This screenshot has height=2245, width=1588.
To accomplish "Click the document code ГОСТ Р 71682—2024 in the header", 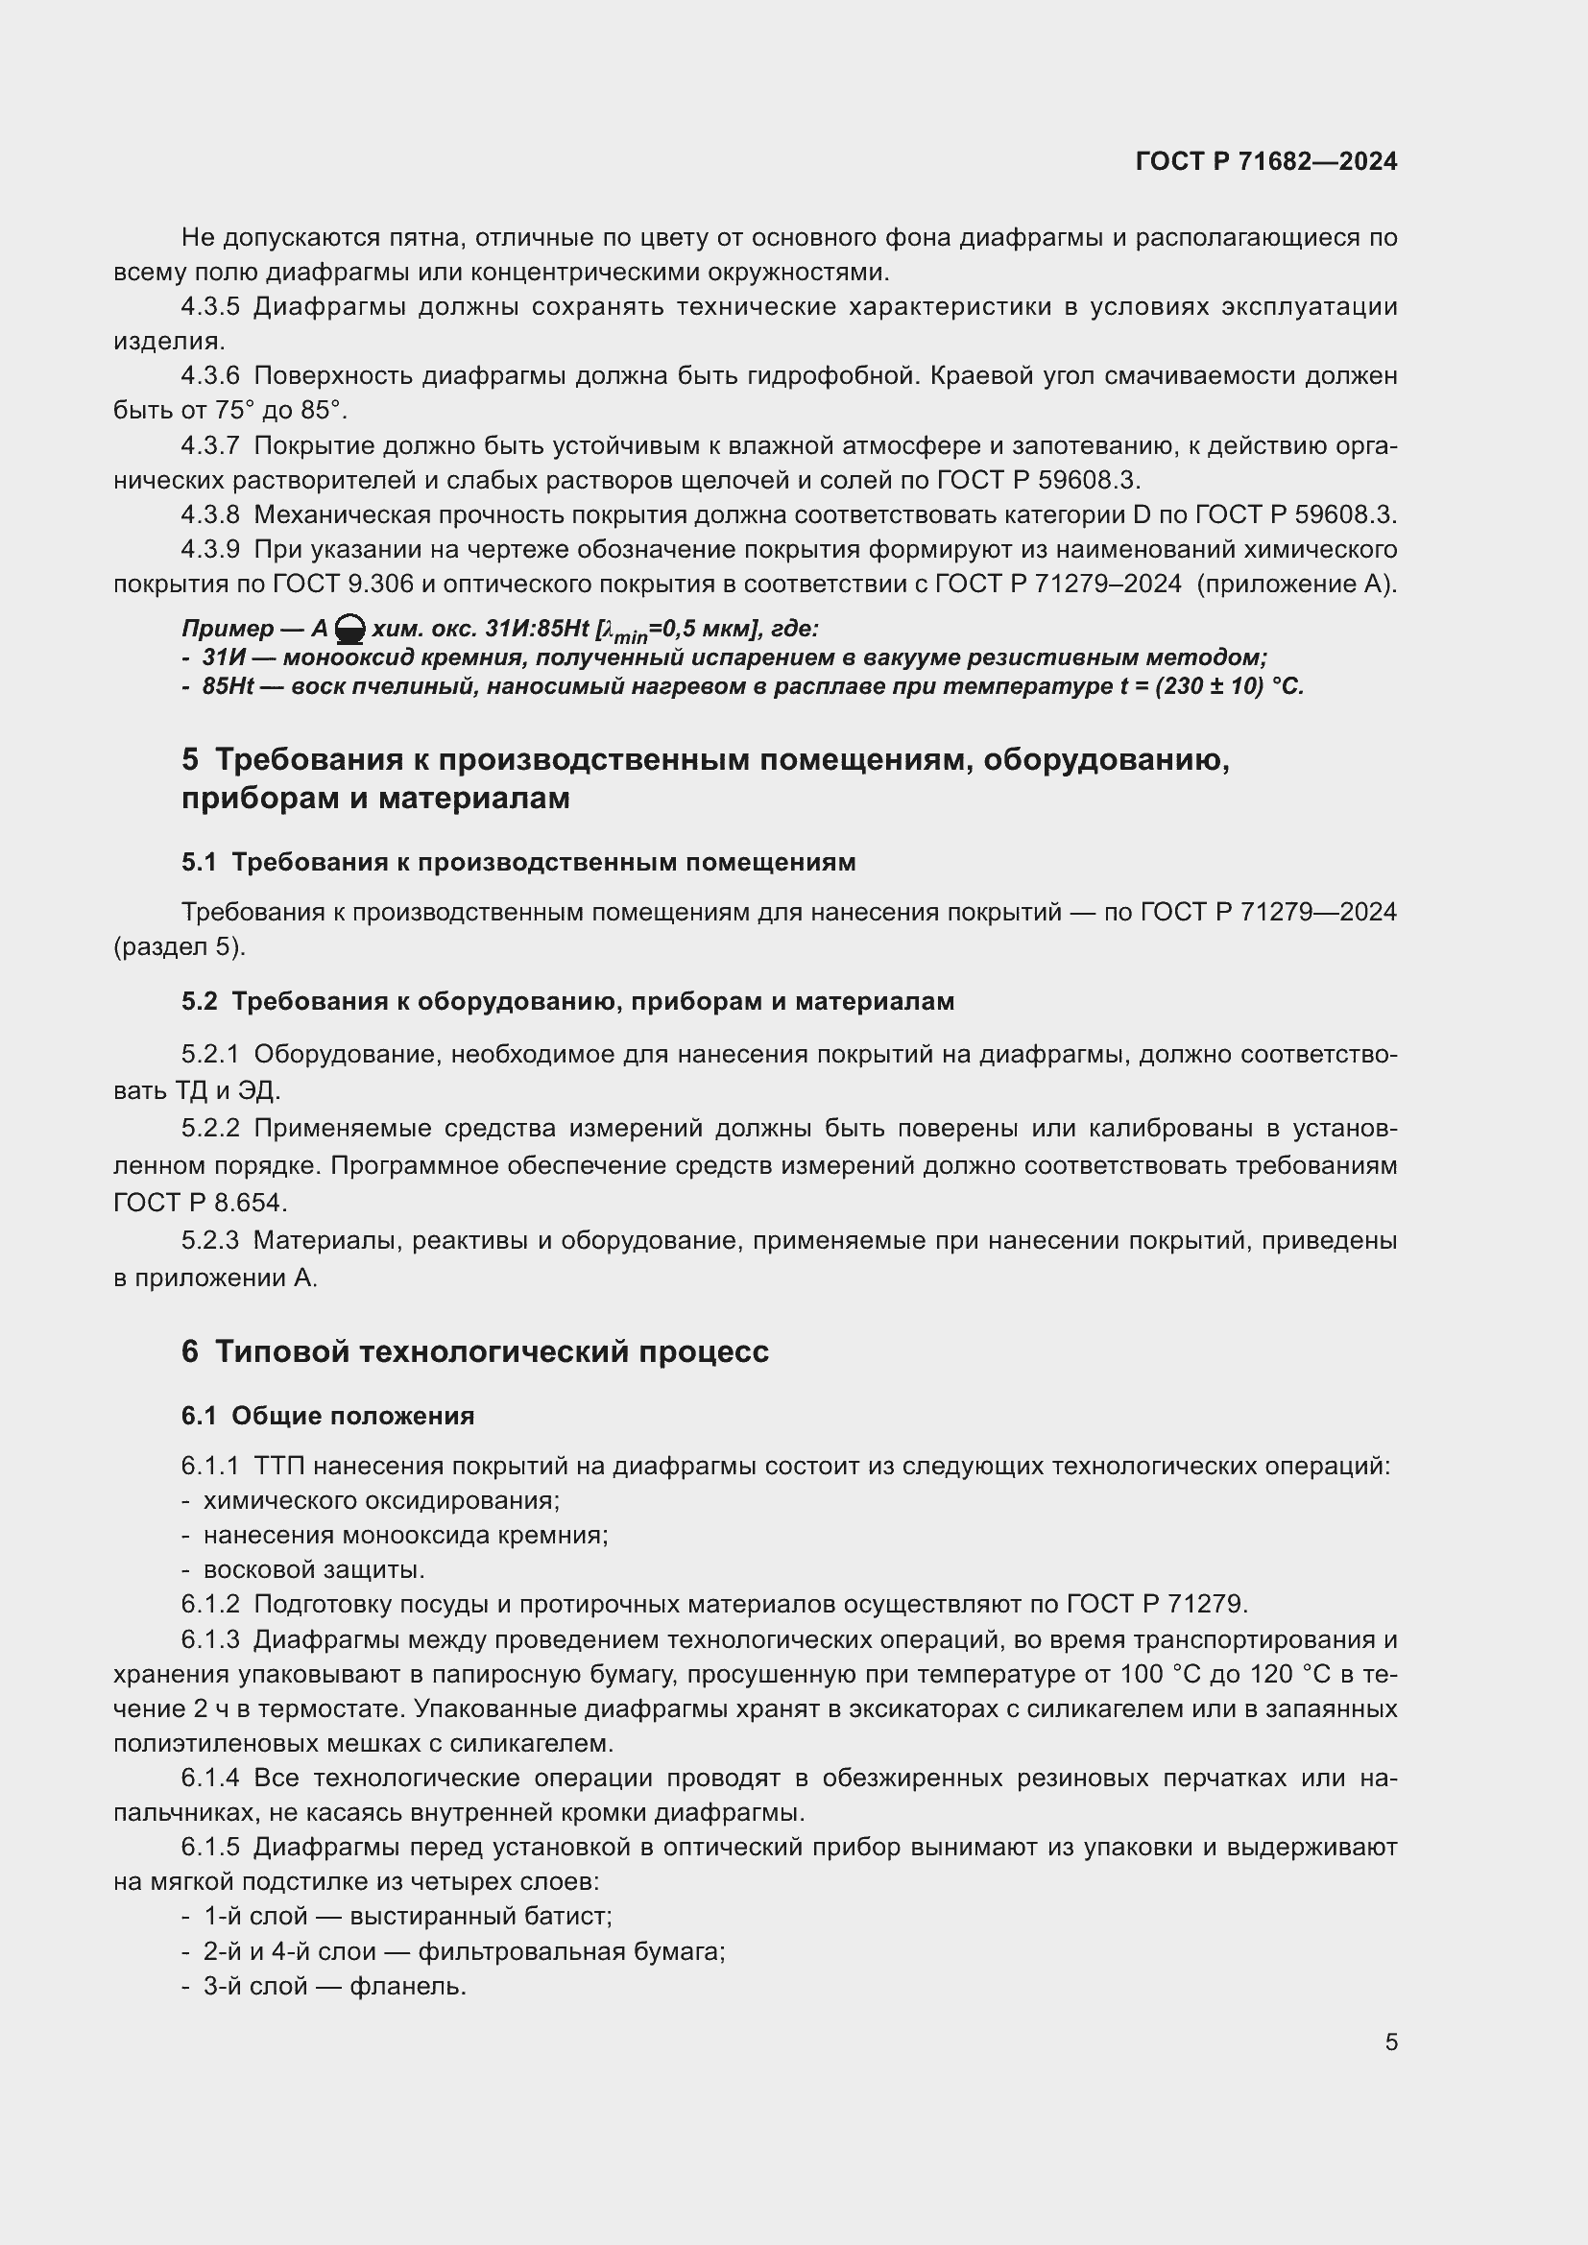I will point(1266,162).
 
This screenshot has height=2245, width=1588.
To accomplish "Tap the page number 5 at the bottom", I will point(1390,2042).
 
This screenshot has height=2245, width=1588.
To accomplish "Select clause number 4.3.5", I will point(210,307).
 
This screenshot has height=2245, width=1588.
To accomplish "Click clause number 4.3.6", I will point(210,375).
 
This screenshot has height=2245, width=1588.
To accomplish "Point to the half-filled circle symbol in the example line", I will point(350,630).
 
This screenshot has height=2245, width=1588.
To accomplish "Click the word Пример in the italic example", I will point(227,629).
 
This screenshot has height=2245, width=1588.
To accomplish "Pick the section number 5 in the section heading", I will point(190,760).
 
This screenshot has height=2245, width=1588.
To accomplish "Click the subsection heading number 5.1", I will point(199,863).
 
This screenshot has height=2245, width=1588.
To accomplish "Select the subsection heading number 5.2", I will point(199,1001).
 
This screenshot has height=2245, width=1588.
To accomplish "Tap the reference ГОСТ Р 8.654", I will point(200,1203).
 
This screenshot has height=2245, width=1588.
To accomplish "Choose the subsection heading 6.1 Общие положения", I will point(327,1416).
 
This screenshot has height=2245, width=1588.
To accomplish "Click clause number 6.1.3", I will point(210,1639).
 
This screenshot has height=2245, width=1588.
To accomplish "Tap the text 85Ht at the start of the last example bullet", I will point(228,686).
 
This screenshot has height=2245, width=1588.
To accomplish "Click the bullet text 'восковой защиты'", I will point(314,1570).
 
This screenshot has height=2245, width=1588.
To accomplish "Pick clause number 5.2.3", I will point(210,1241).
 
